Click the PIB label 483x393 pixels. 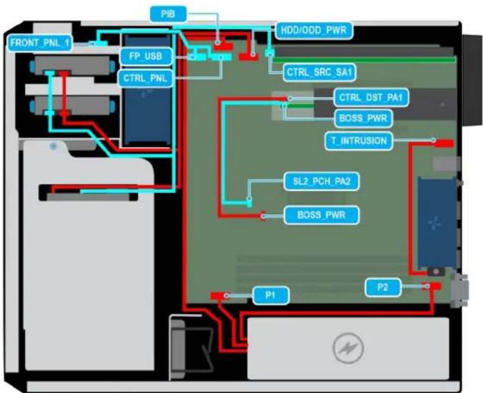[x=168, y=14]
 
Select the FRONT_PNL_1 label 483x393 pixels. [x=39, y=43]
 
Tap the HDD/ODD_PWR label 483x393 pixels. [x=314, y=30]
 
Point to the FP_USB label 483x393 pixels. [x=146, y=56]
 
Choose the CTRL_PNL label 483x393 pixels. [x=145, y=79]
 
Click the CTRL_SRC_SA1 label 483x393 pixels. [x=319, y=72]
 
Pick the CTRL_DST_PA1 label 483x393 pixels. [x=371, y=98]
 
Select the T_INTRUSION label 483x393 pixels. [x=359, y=141]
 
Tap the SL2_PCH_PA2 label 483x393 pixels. [x=322, y=181]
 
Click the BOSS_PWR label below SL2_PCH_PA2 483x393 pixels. [x=322, y=215]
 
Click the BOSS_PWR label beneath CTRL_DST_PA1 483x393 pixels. [x=363, y=118]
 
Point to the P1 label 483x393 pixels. [x=271, y=296]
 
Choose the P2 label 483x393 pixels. [x=382, y=287]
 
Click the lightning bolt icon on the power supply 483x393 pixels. [x=348, y=348]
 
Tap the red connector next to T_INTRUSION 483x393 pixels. [x=444, y=143]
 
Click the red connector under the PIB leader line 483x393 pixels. [x=223, y=47]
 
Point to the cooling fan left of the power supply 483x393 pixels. [x=192, y=347]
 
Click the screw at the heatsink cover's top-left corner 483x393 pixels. [x=54, y=146]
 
